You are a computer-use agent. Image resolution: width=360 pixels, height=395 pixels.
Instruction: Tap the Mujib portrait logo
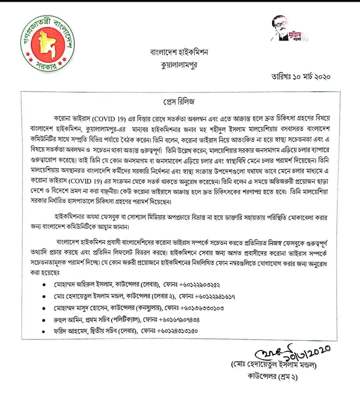point(289,30)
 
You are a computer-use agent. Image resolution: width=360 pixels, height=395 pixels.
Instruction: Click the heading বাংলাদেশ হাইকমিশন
point(179,52)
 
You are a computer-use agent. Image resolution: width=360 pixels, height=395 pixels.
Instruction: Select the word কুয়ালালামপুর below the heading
point(180,64)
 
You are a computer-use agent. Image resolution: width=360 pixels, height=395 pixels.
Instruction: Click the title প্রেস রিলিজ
point(180,99)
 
